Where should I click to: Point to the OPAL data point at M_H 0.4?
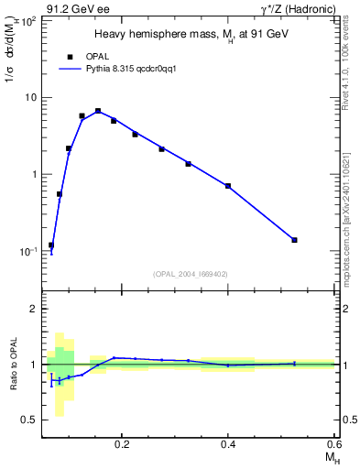click(x=228, y=186)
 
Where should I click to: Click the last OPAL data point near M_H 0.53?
click(x=294, y=240)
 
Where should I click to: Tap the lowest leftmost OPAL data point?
click(x=51, y=245)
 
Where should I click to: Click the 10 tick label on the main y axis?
click(x=31, y=97)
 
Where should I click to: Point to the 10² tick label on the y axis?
click(x=29, y=19)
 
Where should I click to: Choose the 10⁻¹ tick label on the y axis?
click(x=28, y=251)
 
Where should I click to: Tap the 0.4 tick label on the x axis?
click(x=228, y=444)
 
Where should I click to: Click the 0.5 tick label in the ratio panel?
click(x=29, y=420)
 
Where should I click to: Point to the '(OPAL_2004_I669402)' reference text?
click(x=191, y=273)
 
